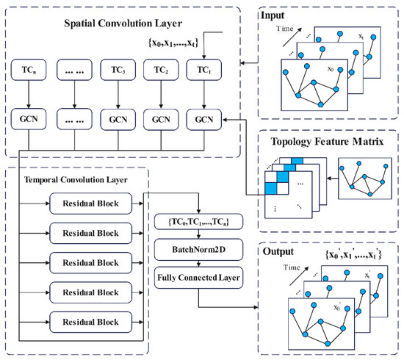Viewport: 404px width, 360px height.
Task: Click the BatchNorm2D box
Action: (x=199, y=248)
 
